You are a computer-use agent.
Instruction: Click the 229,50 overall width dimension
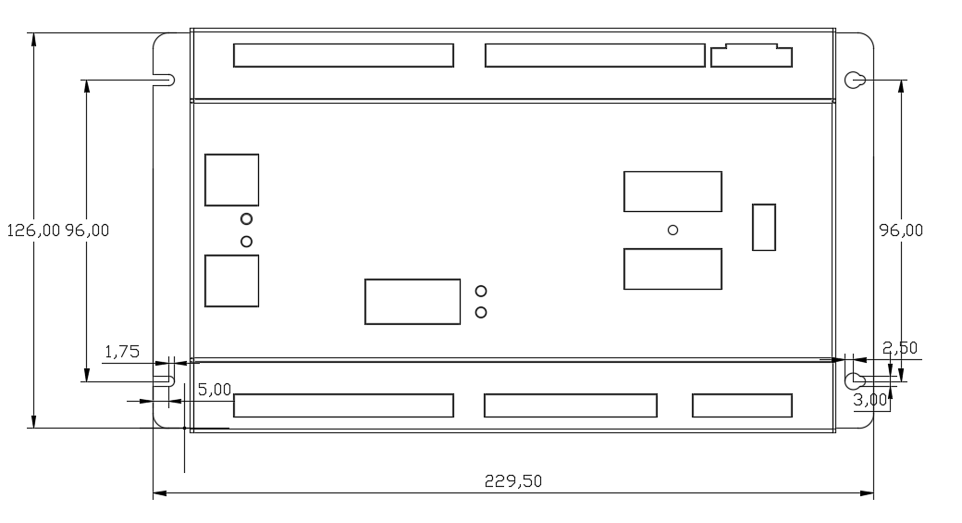tap(513, 480)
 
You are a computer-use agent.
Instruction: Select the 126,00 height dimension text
tap(33, 230)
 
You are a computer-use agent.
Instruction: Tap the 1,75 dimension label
tap(122, 352)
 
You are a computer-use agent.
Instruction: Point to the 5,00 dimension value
tap(215, 390)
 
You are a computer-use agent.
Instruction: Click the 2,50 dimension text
tap(900, 348)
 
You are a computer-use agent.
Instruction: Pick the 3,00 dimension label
tap(870, 400)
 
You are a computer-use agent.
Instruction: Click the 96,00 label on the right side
tap(901, 230)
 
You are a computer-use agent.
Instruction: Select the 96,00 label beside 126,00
tap(87, 230)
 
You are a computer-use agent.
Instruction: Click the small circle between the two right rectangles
tap(673, 230)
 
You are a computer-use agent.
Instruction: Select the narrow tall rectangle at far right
tap(764, 227)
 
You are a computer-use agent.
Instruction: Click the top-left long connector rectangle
tap(343, 56)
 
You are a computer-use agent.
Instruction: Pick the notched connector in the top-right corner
tap(751, 56)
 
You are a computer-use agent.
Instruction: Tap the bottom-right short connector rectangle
tap(743, 405)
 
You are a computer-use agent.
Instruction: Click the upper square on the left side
tap(232, 180)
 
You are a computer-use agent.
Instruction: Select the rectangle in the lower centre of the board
tap(413, 302)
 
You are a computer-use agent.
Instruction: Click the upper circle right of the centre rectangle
tap(481, 291)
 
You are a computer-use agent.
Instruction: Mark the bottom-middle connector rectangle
tap(571, 405)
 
